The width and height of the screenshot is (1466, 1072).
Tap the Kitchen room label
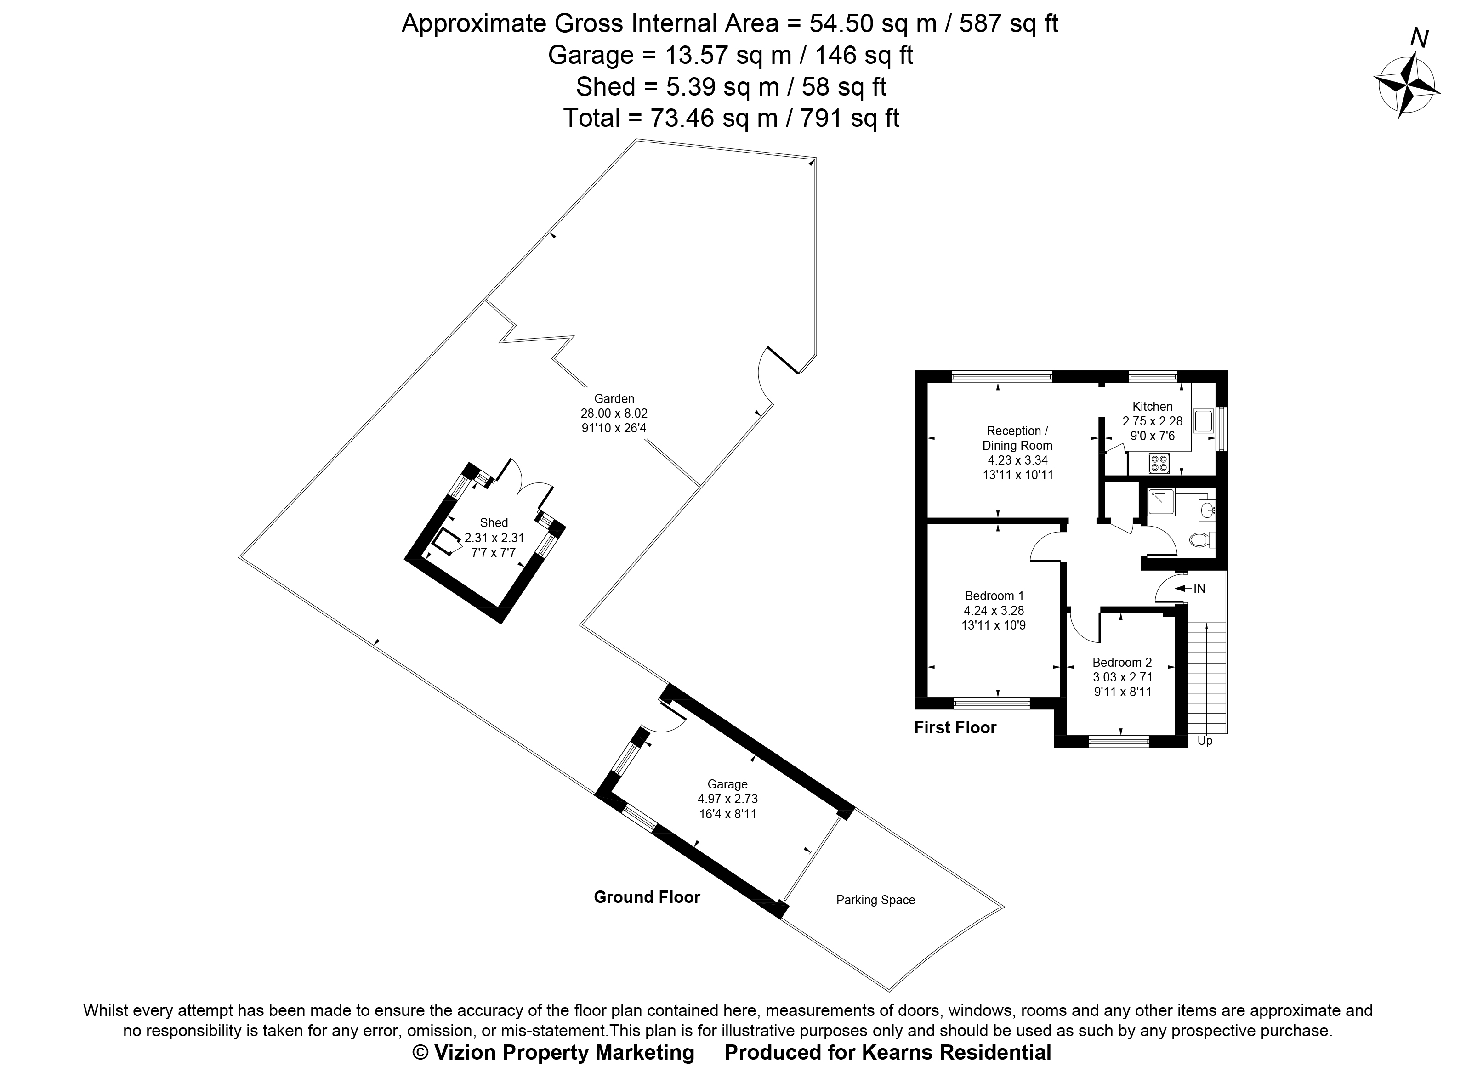1153,407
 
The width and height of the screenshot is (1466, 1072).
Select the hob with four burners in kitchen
1159,463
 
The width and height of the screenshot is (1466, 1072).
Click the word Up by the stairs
1205,740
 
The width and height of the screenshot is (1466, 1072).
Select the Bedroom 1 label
994,596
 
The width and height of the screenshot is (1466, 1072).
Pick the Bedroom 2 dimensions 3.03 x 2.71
1122,677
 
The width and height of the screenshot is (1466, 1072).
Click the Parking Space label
875,900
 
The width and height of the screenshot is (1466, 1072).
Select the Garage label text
727,784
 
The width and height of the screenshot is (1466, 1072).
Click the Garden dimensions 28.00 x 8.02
614,414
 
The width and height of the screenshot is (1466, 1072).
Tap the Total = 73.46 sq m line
731,118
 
